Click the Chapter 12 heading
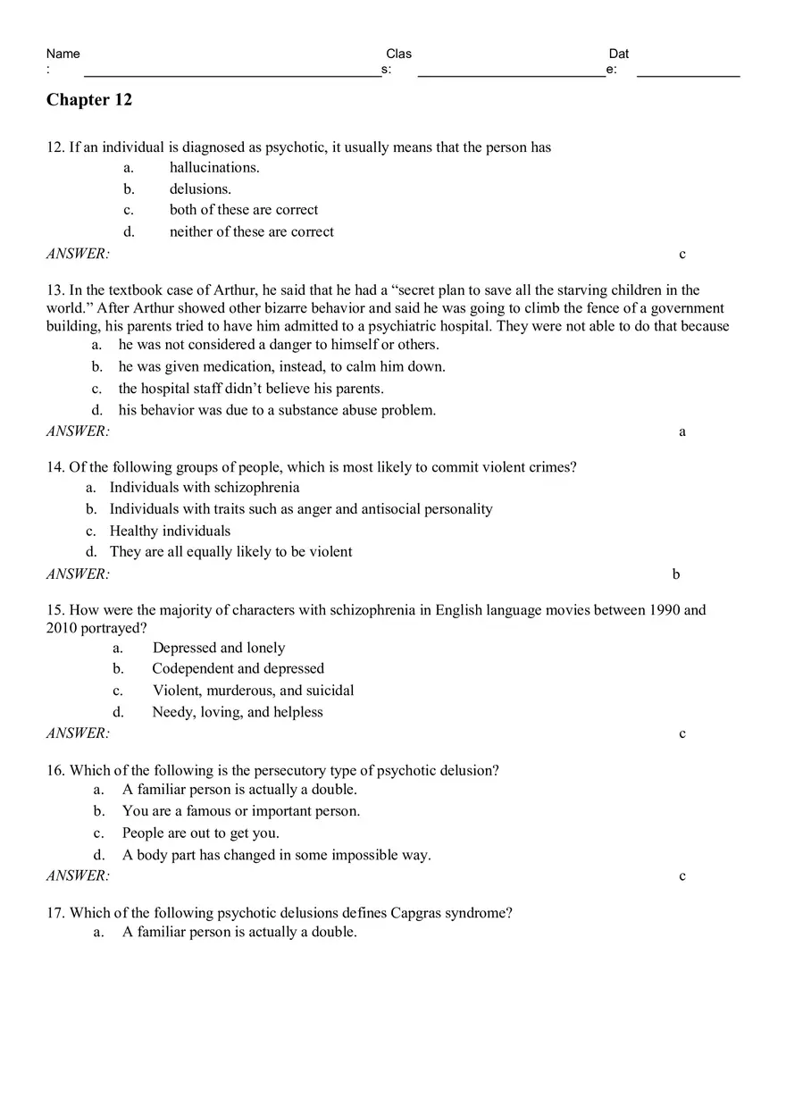click(89, 100)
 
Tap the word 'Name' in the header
click(63, 54)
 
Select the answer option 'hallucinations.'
click(214, 167)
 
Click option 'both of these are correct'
click(244, 210)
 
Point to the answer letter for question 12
click(682, 254)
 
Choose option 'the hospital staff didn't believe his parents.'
click(251, 389)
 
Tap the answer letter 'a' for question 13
click(682, 431)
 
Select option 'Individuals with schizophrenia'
click(205, 488)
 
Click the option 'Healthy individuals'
click(170, 531)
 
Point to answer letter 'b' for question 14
click(676, 574)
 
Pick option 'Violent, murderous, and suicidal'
click(253, 691)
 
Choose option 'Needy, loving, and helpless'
click(238, 712)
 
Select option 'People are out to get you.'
click(201, 833)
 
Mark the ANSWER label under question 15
click(78, 733)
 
